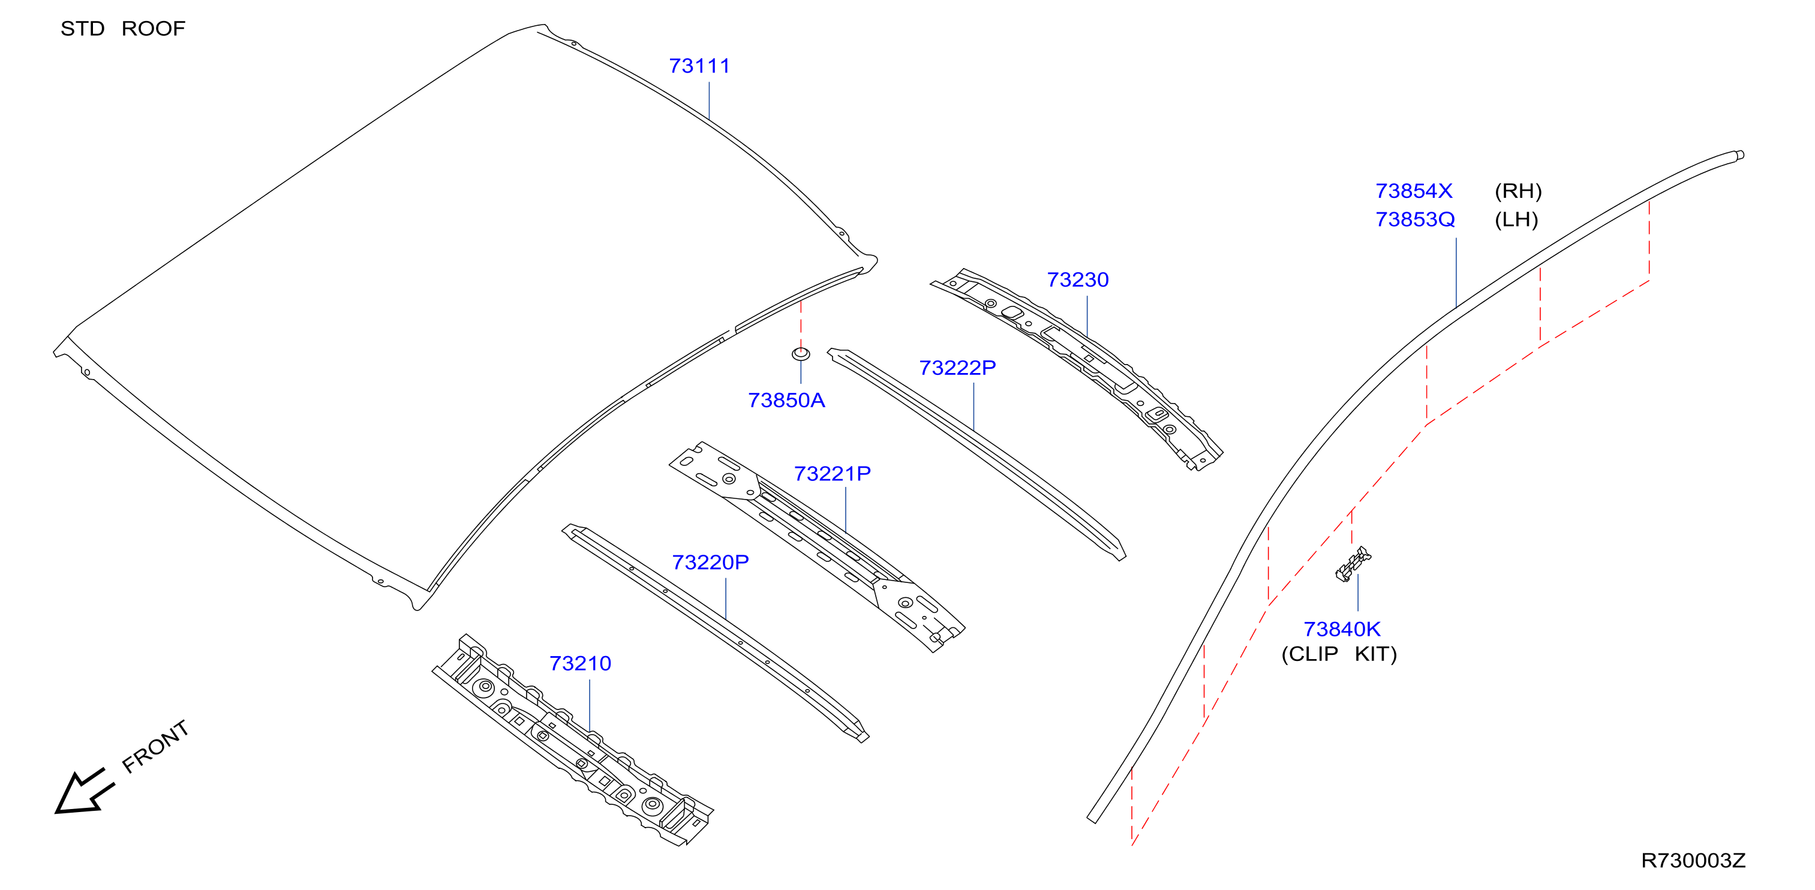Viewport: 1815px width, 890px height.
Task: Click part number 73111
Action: click(699, 66)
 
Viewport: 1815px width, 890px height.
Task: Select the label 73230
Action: click(1077, 281)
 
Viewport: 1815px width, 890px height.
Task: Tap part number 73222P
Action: click(957, 368)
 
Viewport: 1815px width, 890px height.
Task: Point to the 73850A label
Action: click(786, 400)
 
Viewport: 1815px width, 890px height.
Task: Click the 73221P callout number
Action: click(832, 474)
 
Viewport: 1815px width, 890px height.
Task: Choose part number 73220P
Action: click(710, 563)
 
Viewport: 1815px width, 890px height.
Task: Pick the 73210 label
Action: click(580, 664)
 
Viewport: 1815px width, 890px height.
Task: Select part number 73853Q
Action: click(1415, 220)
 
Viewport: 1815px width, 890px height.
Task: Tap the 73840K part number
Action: click(1342, 629)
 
